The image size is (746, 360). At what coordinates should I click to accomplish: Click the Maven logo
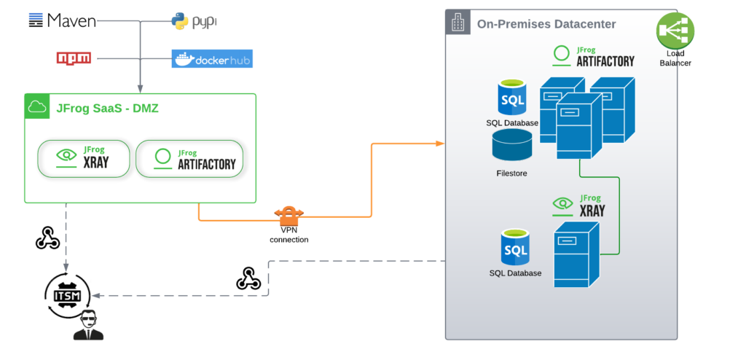[62, 20]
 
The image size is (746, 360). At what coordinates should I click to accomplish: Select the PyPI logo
[194, 21]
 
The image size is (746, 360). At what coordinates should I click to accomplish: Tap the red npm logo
[74, 58]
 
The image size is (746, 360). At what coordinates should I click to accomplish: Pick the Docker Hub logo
[211, 58]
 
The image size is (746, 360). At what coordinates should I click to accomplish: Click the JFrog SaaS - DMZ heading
[107, 109]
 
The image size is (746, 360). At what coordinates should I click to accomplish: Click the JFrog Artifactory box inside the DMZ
[189, 157]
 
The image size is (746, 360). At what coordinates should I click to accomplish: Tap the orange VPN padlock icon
[288, 216]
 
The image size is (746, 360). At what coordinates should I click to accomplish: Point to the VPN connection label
[288, 235]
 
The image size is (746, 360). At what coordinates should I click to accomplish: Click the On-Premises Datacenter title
[546, 24]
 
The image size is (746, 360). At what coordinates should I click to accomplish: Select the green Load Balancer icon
[675, 31]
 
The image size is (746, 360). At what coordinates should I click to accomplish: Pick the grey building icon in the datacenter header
[458, 23]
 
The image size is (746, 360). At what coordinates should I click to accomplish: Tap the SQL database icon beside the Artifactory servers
[513, 98]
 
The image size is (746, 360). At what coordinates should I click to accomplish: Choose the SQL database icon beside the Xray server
[515, 249]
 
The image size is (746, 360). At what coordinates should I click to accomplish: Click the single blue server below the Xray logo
[576, 255]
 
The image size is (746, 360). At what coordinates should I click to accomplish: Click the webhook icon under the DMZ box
[47, 238]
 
